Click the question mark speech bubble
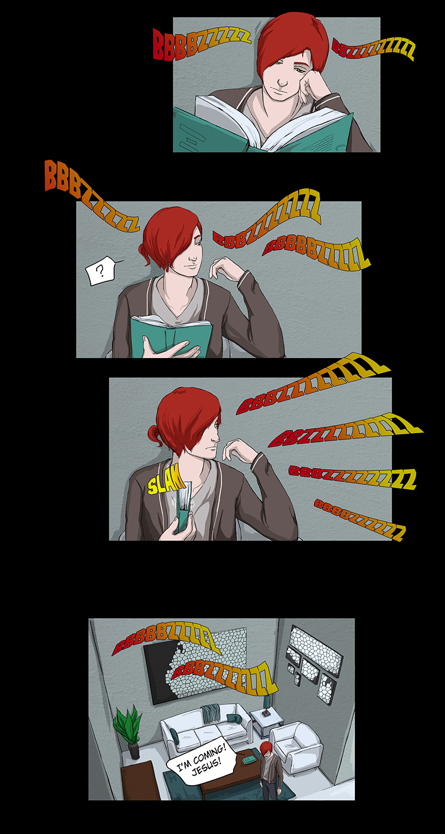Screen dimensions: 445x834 [100, 271]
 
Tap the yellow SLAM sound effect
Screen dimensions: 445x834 [165, 483]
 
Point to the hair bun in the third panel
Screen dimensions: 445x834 [154, 435]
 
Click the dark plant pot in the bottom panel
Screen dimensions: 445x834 [133, 750]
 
